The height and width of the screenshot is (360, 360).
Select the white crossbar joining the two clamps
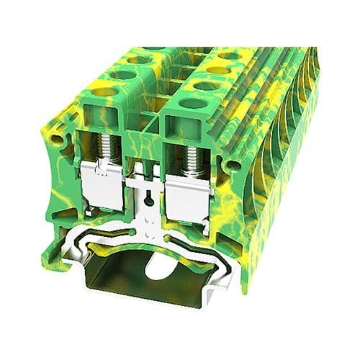click(148, 176)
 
